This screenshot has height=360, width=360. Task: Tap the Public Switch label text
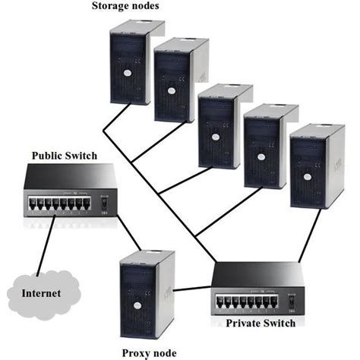point(64,156)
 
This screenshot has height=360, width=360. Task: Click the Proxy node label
point(149,352)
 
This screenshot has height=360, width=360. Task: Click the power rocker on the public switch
point(104,203)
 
